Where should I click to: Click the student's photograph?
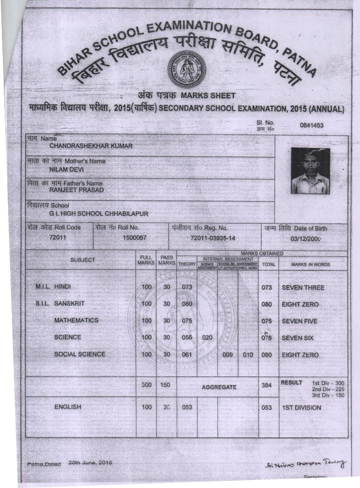coord(310,171)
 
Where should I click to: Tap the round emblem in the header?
coord(186,69)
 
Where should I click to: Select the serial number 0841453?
coord(312,125)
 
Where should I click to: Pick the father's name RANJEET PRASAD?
coord(76,190)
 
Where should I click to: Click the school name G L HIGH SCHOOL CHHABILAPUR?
coord(99,213)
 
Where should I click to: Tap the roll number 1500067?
coord(134,237)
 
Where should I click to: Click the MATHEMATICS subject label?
coord(76,320)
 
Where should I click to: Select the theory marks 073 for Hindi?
coord(186,287)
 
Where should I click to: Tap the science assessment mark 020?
coord(207,338)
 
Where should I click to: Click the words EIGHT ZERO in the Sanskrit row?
coord(300,304)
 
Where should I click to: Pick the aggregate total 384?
coord(267,385)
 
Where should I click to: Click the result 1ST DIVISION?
coord(301,407)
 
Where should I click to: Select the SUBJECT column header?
coord(83,260)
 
